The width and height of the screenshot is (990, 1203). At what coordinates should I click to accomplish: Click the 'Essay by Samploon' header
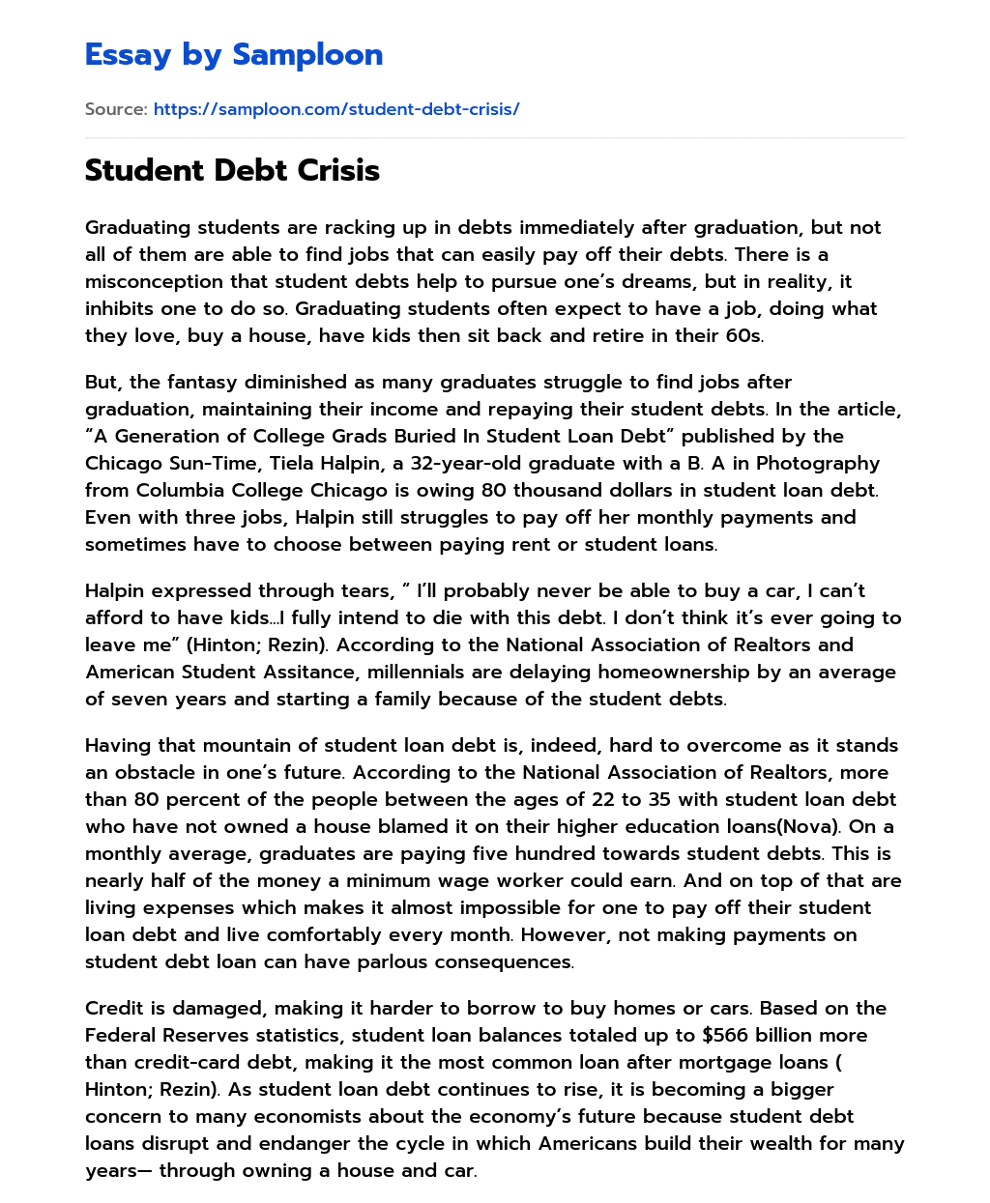point(234,55)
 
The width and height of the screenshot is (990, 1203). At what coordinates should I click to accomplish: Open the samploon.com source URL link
point(336,109)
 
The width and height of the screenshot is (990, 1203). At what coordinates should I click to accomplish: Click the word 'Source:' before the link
point(116,109)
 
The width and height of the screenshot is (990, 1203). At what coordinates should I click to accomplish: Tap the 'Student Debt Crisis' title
point(232,171)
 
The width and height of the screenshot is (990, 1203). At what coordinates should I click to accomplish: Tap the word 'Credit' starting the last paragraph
point(115,1009)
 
